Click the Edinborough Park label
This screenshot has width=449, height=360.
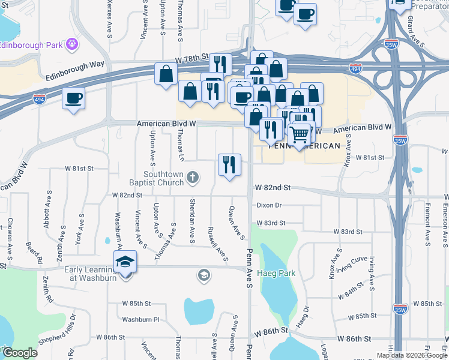pyautogui.click(x=31, y=44)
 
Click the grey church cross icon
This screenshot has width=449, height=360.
pyautogui.click(x=193, y=176)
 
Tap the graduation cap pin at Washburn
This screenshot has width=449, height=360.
pyautogui.click(x=125, y=263)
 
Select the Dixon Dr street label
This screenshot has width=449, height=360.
pyautogui.click(x=269, y=205)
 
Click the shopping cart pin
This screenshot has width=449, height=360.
pyautogui.click(x=300, y=135)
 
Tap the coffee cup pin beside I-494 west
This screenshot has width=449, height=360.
pyautogui.click(x=74, y=99)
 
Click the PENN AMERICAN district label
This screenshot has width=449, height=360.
pyautogui.click(x=304, y=145)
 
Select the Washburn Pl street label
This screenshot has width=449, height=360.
pyautogui.click(x=140, y=320)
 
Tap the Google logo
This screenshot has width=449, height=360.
pyautogui.click(x=19, y=352)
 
